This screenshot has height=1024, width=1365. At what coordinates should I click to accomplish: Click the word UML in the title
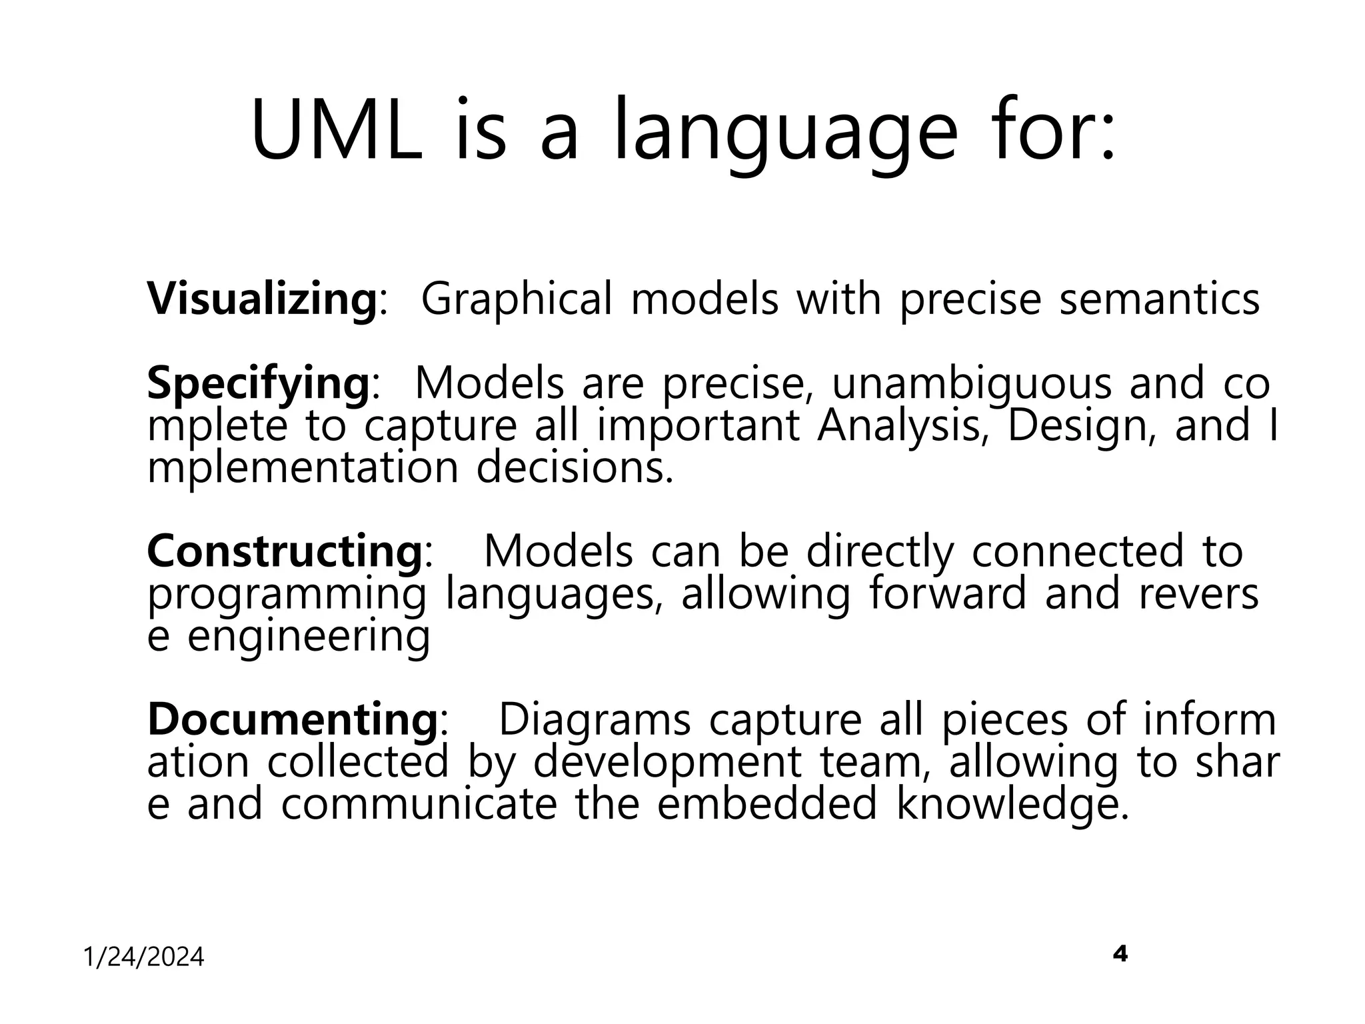coord(337,131)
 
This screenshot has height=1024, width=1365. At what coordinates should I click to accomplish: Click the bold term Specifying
coord(258,385)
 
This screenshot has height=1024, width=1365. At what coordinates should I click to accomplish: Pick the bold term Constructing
coord(284,552)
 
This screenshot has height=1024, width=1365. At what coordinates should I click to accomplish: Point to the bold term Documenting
coord(292,720)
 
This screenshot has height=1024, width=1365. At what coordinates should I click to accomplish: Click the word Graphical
coord(516,300)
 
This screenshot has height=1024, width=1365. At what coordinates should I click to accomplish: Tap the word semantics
coord(1159,300)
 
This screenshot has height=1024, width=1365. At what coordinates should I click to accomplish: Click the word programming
coord(287,595)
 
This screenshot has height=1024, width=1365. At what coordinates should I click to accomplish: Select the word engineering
coord(309,637)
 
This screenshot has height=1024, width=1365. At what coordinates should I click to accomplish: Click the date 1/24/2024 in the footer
coord(143,958)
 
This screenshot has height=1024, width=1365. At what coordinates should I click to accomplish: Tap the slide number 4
coord(1120,954)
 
